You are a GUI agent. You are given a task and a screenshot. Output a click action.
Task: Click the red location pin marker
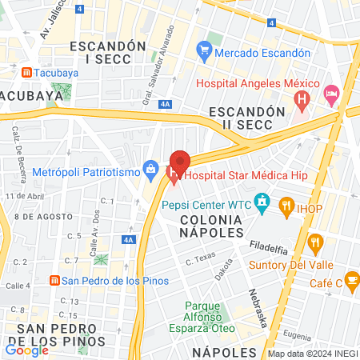point(180,163)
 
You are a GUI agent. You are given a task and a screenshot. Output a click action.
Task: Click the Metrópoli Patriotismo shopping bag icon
point(150,169)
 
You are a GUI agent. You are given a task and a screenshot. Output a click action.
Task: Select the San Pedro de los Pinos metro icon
point(54,280)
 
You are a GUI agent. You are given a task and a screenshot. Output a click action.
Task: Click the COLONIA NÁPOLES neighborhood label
point(211,225)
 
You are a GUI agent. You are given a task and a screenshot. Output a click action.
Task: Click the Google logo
point(27,350)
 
